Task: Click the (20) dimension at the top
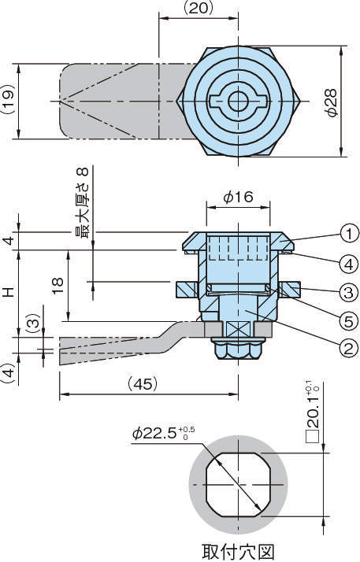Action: pyautogui.click(x=199, y=8)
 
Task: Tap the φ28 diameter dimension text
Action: pyautogui.click(x=331, y=102)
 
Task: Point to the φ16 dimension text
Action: pyautogui.click(x=238, y=197)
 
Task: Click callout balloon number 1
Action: pyautogui.click(x=348, y=235)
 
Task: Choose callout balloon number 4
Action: pyautogui.click(x=348, y=264)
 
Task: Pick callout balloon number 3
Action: pyautogui.click(x=348, y=293)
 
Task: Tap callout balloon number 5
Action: pyautogui.click(x=348, y=321)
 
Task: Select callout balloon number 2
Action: pyautogui.click(x=348, y=348)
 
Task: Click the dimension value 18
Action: pyautogui.click(x=58, y=286)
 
